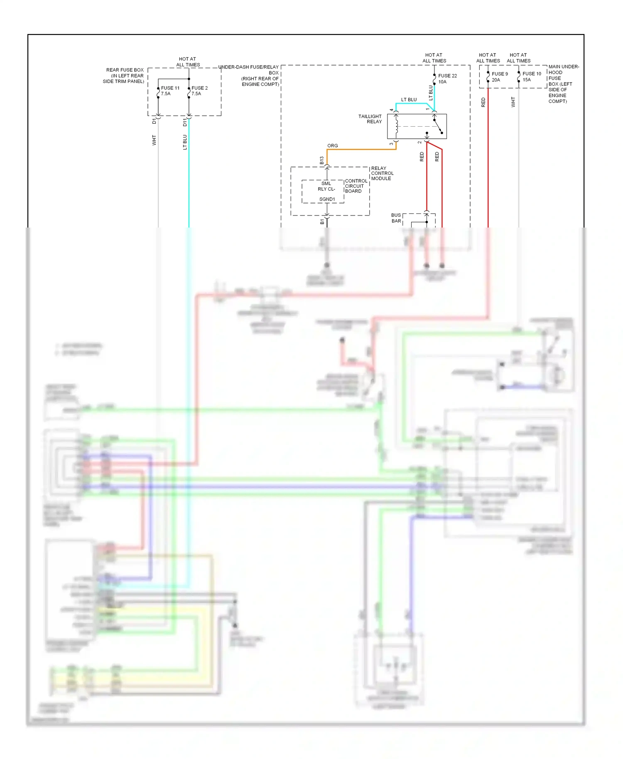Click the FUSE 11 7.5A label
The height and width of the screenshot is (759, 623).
(x=170, y=91)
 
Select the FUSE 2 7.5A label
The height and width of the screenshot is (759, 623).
(x=199, y=91)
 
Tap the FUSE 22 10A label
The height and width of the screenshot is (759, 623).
(x=447, y=79)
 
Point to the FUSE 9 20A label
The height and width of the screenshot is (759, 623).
(x=499, y=77)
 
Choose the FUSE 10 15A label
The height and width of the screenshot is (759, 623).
(x=531, y=77)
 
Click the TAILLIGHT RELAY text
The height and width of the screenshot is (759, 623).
(x=370, y=119)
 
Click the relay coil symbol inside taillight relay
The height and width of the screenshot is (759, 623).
(x=397, y=126)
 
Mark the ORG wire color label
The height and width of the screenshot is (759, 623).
(x=332, y=146)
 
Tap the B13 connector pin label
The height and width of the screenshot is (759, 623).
(x=322, y=161)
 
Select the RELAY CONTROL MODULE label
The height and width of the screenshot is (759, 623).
(x=382, y=174)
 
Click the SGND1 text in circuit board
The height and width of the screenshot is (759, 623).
(x=327, y=199)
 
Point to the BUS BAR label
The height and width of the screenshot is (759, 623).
(x=396, y=218)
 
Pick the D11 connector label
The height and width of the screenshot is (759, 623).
(x=185, y=122)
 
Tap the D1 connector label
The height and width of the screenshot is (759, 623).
(x=154, y=121)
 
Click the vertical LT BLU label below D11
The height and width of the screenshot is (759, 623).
(x=185, y=142)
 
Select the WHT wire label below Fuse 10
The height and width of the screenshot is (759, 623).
(x=513, y=102)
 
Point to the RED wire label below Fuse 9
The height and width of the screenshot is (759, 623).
(x=483, y=102)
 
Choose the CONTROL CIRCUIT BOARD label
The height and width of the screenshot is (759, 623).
(x=356, y=186)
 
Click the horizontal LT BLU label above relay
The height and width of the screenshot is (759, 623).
(x=409, y=100)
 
